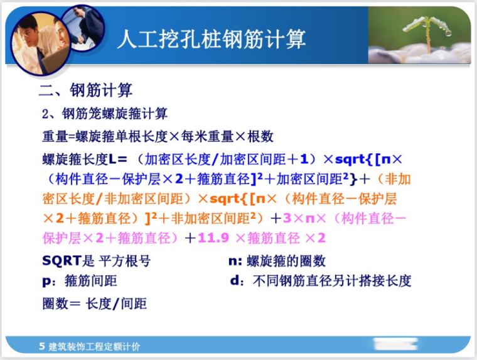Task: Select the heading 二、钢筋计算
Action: pos(85,90)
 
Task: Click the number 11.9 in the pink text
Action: pos(216,239)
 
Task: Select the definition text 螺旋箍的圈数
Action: pos(286,261)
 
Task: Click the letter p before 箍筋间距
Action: pos(46,281)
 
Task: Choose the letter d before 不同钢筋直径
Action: pos(235,281)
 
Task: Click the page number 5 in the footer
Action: pos(41,346)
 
